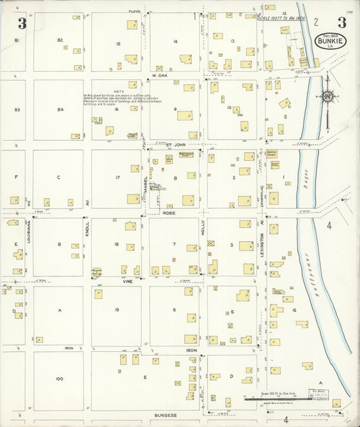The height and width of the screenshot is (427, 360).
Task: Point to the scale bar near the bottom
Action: point(270,399)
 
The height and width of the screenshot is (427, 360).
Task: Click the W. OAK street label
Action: point(159,76)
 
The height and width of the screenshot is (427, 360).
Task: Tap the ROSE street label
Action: point(169,213)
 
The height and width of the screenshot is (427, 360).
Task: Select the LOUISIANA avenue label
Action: point(29,231)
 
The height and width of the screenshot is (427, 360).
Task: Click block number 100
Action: point(59,378)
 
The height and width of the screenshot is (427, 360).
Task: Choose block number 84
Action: point(60,109)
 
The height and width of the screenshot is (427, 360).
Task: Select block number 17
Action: point(118,178)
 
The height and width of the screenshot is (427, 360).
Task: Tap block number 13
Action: point(232,41)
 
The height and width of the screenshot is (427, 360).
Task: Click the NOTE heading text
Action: point(119,91)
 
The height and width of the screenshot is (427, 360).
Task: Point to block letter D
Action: point(231,376)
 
